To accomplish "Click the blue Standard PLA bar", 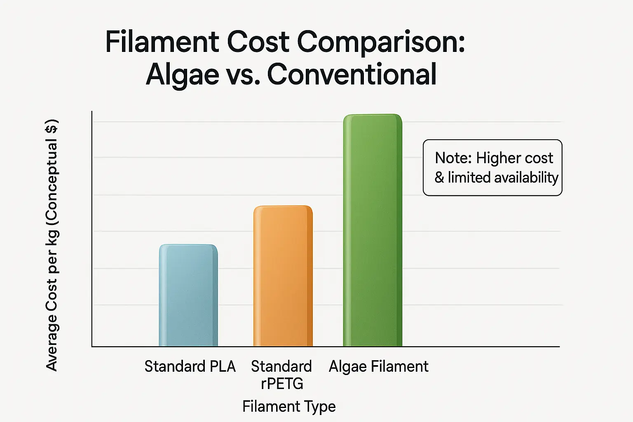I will pyautogui.click(x=188, y=295).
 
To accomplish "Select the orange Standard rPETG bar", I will pyautogui.click(x=283, y=276).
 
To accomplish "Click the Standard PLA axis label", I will pyautogui.click(x=190, y=366).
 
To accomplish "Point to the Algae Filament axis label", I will pyautogui.click(x=378, y=366).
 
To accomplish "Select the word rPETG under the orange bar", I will pyautogui.click(x=282, y=384).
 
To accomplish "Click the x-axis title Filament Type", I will pyautogui.click(x=289, y=406).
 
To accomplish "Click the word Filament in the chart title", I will pyautogui.click(x=162, y=42).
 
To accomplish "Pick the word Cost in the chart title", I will pyautogui.click(x=258, y=42).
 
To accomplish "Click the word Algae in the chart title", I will pyautogui.click(x=183, y=75).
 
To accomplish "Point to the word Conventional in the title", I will pyautogui.click(x=352, y=74).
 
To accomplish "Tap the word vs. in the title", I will pyautogui.click(x=243, y=75).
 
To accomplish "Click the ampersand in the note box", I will pyautogui.click(x=439, y=178).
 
